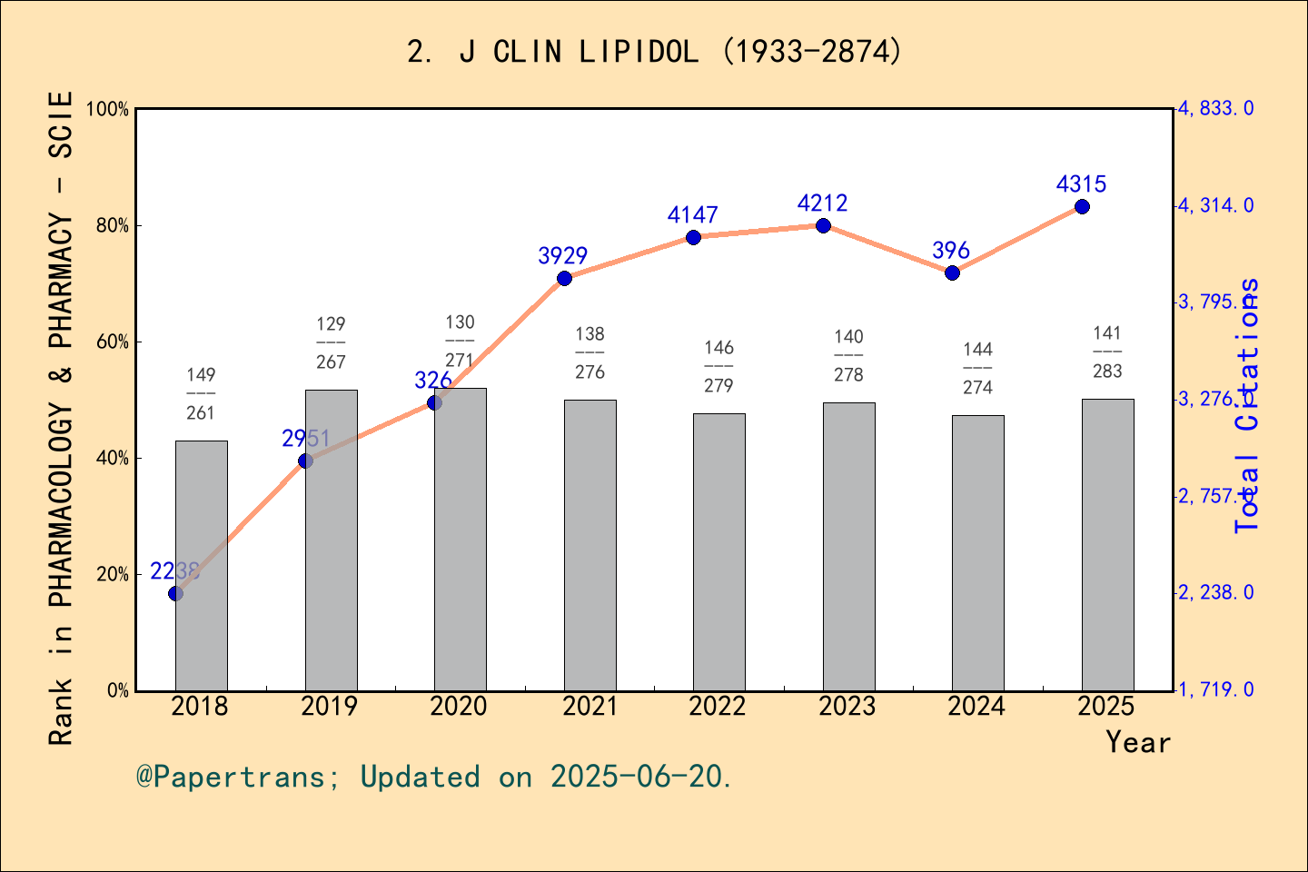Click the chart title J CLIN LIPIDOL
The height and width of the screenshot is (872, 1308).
[x=654, y=52]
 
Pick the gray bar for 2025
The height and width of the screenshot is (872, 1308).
[x=1107, y=545]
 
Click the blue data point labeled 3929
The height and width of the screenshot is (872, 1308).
[x=564, y=278]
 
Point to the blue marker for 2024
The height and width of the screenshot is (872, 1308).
[x=952, y=272]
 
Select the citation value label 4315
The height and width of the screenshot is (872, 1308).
[x=1081, y=184]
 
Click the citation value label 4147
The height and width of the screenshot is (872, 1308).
[x=692, y=215]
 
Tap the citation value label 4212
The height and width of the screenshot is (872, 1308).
[x=822, y=203]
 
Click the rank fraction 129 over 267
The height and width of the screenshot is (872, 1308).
[x=331, y=343]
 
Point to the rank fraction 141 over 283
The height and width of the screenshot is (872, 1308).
[x=1107, y=352]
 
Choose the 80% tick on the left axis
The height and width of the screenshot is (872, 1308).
[x=113, y=226]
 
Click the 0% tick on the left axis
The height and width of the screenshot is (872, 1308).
[x=118, y=691]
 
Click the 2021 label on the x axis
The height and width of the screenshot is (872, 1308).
[x=590, y=707]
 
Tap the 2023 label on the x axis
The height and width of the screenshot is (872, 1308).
[x=847, y=707]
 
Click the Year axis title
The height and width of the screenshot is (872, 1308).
[x=1137, y=742]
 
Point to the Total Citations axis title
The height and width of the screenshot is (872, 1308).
[x=1248, y=405]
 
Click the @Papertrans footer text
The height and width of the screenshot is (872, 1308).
[x=434, y=777]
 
